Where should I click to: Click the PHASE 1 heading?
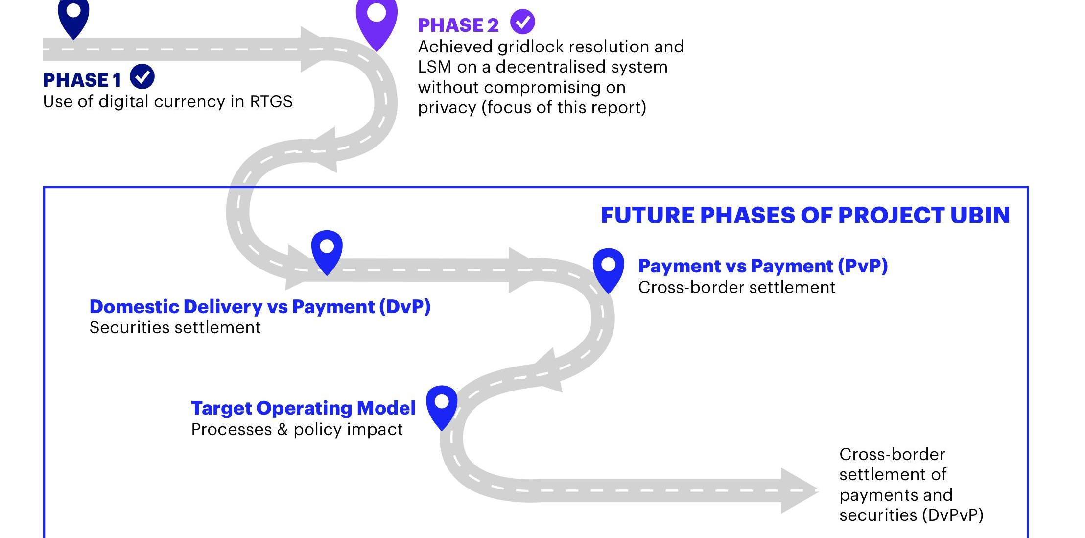[x=82, y=80]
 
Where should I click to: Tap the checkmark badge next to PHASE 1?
[x=142, y=77]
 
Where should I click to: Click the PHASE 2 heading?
[x=458, y=25]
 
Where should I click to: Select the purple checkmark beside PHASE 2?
[x=522, y=22]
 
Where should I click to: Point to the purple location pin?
[x=377, y=20]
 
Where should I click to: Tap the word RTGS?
[x=271, y=102]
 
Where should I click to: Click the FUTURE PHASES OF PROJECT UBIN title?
[x=805, y=216]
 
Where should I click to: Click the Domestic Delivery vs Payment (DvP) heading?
[x=259, y=307]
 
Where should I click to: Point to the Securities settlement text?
[x=175, y=328]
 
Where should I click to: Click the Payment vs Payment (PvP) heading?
[x=762, y=266]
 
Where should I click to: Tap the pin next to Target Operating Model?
[x=442, y=405]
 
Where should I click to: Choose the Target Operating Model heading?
[x=303, y=408]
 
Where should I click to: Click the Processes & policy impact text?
[x=297, y=430]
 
